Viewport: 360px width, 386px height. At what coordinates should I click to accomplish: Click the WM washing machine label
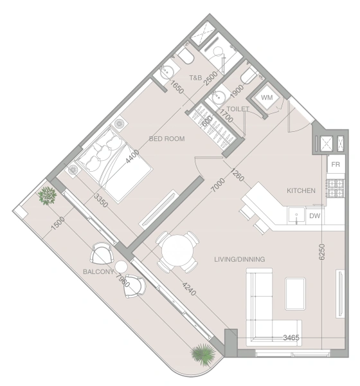pyautogui.click(x=267, y=98)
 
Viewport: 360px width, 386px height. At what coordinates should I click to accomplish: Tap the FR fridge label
pyautogui.click(x=336, y=164)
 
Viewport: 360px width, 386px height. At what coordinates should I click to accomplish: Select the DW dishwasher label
pyautogui.click(x=315, y=216)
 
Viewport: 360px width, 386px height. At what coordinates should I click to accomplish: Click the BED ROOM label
pyautogui.click(x=167, y=139)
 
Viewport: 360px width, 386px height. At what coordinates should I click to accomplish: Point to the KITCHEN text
pyautogui.click(x=301, y=190)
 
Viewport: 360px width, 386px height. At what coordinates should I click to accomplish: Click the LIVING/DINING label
pyautogui.click(x=239, y=259)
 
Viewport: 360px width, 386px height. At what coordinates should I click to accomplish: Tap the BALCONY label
pyautogui.click(x=98, y=271)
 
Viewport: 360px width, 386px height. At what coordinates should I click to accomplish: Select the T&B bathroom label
pyautogui.click(x=195, y=78)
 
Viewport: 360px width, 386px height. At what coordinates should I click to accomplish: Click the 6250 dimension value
pyautogui.click(x=321, y=252)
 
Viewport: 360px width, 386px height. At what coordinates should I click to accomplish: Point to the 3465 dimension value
pyautogui.click(x=291, y=338)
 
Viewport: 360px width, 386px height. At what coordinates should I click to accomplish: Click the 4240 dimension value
pyautogui.click(x=189, y=289)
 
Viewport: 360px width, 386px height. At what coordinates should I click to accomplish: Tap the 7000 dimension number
pyautogui.click(x=219, y=185)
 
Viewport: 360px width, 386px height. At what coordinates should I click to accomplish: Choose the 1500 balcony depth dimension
pyautogui.click(x=58, y=223)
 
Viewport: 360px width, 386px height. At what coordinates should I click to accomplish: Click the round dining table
pyautogui.click(x=177, y=250)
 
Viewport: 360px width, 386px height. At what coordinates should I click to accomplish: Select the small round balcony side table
pyautogui.click(x=121, y=266)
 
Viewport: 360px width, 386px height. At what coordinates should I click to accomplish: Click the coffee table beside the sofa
pyautogui.click(x=295, y=294)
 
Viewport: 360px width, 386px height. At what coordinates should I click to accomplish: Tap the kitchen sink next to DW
pyautogui.click(x=296, y=216)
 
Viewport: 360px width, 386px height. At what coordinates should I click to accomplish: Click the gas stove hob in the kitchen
pyautogui.click(x=336, y=188)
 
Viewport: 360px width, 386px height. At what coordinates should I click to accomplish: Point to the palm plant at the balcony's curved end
pyautogui.click(x=203, y=354)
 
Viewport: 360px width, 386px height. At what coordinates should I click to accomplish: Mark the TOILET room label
pyautogui.click(x=238, y=109)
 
